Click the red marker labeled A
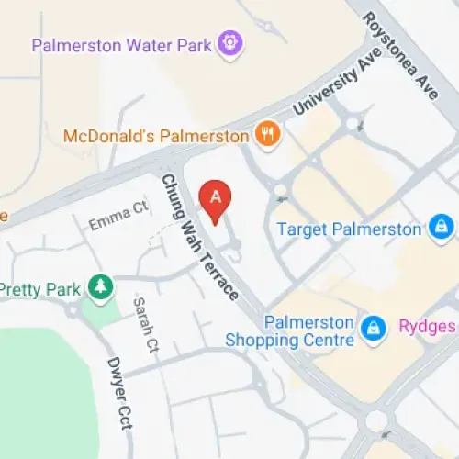coord(216,197)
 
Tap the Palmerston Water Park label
coord(121,44)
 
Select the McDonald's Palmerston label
coord(156,136)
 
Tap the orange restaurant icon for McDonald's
coord(266,134)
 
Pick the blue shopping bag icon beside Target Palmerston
coord(442,226)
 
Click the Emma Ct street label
coord(118,218)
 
